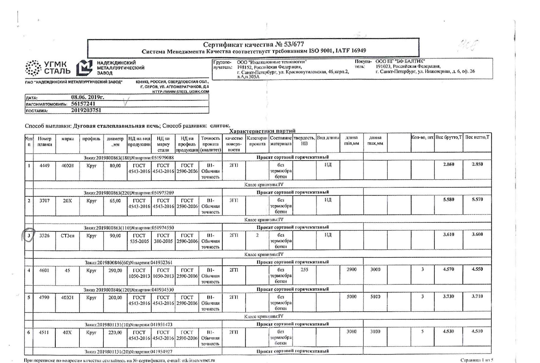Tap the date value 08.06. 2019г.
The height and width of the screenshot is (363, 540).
click(87, 97)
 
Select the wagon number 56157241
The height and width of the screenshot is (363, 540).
click(83, 104)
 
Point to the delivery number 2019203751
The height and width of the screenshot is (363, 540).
click(86, 110)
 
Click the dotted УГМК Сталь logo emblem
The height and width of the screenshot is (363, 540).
click(33, 68)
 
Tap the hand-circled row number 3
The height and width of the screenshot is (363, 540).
click(29, 236)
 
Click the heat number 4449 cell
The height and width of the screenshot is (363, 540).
click(44, 166)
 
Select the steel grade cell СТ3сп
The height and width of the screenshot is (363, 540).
click(67, 236)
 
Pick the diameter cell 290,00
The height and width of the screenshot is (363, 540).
click(115, 270)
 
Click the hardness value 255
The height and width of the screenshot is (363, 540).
click(304, 269)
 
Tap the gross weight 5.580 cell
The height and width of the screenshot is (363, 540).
click(449, 199)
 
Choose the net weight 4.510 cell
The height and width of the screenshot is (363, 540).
click(477, 331)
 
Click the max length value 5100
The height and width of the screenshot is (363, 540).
click(375, 297)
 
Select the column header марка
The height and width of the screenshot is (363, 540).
click(67, 139)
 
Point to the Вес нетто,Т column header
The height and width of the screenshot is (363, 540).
click(477, 137)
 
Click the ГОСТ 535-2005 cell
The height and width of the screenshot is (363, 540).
click(139, 238)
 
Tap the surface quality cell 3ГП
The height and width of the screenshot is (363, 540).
click(234, 200)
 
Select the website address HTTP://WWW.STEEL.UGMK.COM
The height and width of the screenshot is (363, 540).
click(181, 91)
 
